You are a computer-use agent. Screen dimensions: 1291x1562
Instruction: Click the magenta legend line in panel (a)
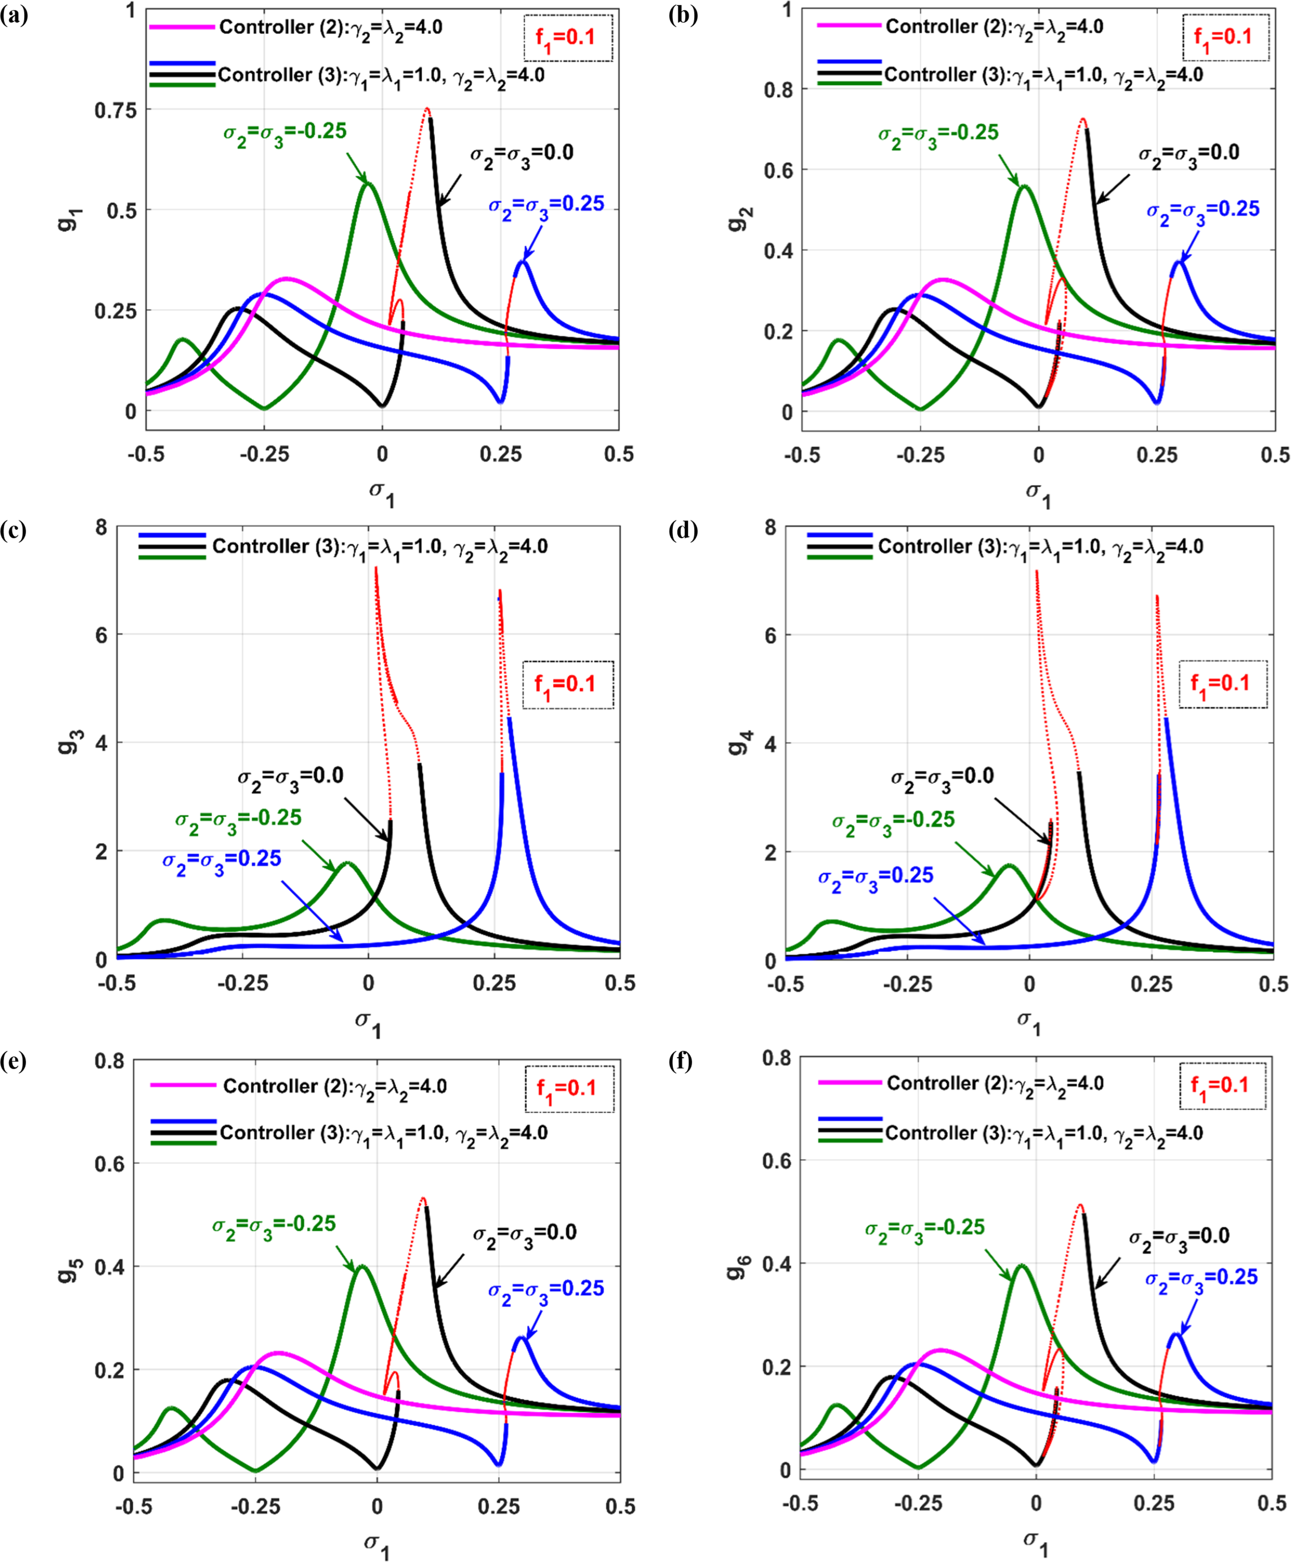pyautogui.click(x=182, y=28)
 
